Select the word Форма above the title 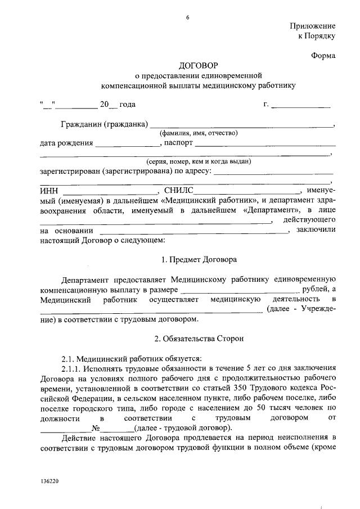[x=323, y=55]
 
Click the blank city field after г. [x=301, y=105]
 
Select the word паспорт [x=178, y=143]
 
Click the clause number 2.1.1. [x=71, y=368]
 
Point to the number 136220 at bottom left [x=49, y=481]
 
